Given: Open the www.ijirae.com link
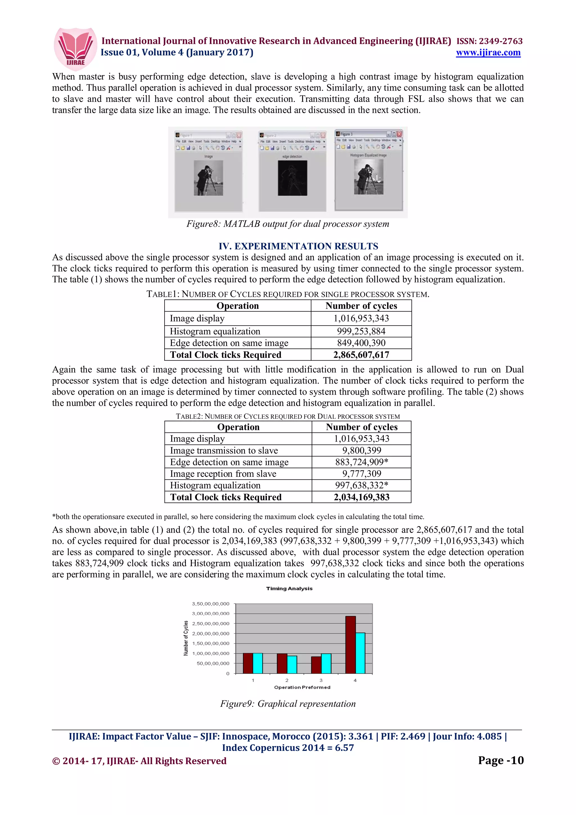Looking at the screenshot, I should point(488,53).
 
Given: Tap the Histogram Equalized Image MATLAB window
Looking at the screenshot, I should point(369,170).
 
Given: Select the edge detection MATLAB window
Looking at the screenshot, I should point(292,172).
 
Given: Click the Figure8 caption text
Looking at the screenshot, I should point(288,224).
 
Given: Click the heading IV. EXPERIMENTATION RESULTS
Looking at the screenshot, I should point(298,246).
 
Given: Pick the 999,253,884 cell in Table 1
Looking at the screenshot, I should point(361,331).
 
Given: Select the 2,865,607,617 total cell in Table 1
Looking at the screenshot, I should point(361,355).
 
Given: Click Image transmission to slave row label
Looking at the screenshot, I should point(224,451).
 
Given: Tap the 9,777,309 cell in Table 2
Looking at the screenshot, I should point(361,474).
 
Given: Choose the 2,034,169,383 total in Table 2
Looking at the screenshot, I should point(361,497).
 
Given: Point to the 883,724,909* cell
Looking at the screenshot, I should point(361,462).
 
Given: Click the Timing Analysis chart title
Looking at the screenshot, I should point(289,589).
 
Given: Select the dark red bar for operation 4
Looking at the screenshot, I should point(350,645).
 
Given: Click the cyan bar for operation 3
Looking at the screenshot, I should point(326,663).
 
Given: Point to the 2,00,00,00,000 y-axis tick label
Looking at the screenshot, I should point(210,634).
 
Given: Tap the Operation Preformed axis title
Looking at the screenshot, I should point(302,687).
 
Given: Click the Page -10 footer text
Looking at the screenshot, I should point(500,760).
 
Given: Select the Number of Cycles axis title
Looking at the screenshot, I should point(186,638).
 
